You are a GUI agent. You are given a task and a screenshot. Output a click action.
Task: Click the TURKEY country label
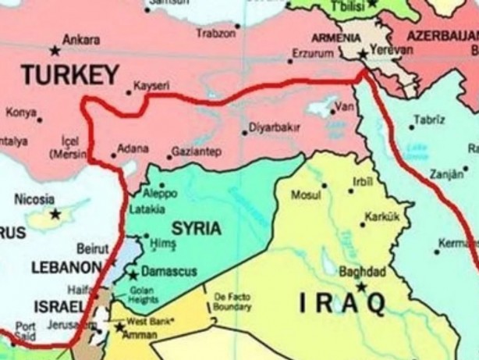pos(69,75)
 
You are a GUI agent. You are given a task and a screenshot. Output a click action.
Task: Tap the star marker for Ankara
pos(54,51)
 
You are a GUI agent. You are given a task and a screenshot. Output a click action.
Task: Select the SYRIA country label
pos(196,228)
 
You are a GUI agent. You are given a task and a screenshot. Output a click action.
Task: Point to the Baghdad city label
pos(363,272)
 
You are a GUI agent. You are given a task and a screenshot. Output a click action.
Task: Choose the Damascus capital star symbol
pos(133,274)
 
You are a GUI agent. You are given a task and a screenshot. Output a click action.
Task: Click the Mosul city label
pos(307,194)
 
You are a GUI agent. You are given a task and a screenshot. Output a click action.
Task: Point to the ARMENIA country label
pos(336,37)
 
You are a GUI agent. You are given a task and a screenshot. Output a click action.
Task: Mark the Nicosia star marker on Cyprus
pos(55,213)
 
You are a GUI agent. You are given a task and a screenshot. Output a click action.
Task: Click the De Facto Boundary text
pos(233,301)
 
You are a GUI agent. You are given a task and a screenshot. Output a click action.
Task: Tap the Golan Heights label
pos(144,294)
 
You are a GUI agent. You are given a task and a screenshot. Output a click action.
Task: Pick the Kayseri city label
pos(151,86)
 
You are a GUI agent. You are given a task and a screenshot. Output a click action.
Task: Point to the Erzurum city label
pos(311,54)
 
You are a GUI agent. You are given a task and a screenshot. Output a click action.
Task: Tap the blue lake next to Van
pos(321,110)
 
